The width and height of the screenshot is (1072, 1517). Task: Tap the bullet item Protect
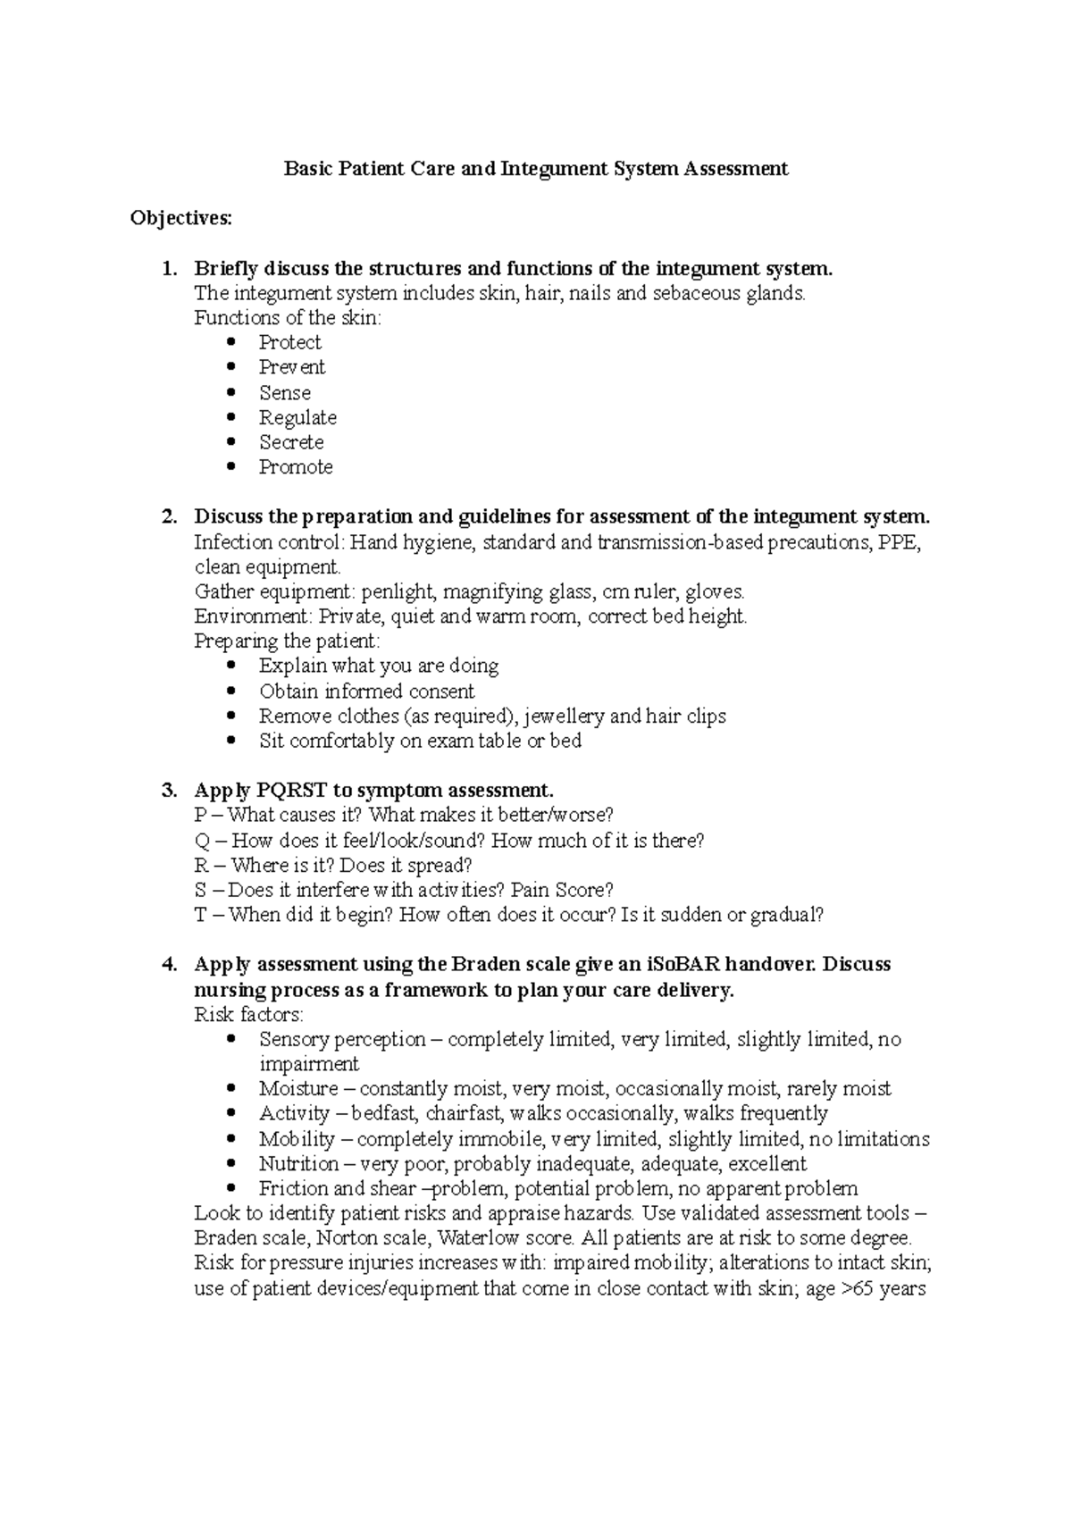click(x=289, y=342)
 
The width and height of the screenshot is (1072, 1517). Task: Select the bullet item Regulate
click(x=297, y=417)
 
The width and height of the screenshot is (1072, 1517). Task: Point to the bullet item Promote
click(x=296, y=467)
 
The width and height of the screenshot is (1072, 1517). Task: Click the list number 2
click(x=169, y=516)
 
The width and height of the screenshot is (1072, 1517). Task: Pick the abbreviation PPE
click(x=895, y=542)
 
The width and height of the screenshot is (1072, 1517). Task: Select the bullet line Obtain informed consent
click(x=366, y=691)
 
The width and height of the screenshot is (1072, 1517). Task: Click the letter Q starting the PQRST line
click(x=201, y=841)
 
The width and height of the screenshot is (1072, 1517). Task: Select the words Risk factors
click(x=248, y=1015)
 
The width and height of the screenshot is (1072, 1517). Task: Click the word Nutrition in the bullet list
click(x=298, y=1164)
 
